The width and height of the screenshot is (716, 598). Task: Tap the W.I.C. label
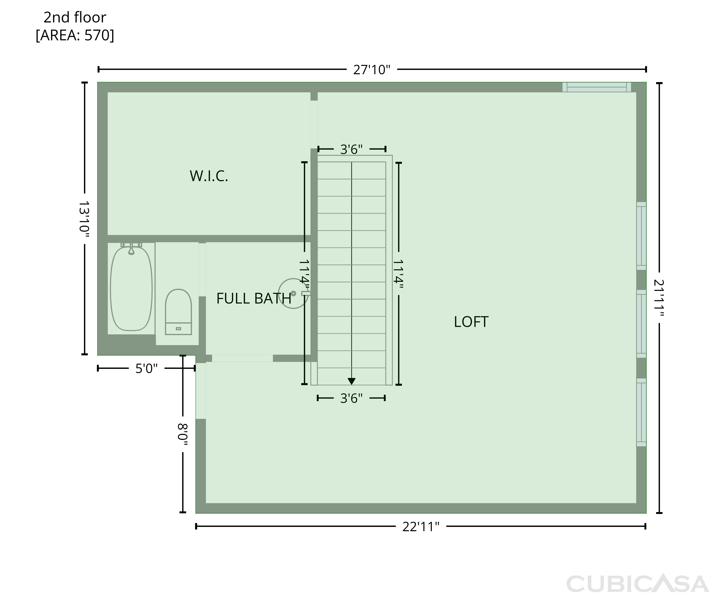(209, 176)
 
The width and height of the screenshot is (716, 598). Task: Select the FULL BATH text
(254, 299)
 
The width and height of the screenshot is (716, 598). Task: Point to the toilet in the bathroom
(178, 312)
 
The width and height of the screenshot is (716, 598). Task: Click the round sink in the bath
(294, 294)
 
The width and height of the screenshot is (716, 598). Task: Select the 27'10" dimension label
(372, 70)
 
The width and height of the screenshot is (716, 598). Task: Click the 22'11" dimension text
(421, 527)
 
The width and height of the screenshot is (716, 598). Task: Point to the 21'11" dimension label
(659, 298)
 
